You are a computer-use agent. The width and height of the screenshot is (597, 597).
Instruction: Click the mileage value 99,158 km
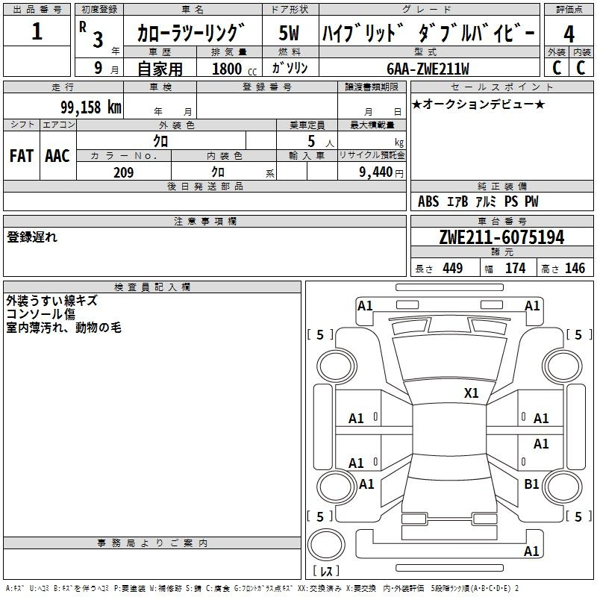91,107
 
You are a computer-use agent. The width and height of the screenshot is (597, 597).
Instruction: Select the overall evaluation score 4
569,34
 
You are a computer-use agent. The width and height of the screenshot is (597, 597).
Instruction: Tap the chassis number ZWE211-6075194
501,237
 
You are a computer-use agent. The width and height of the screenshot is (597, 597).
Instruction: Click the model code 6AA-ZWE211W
428,69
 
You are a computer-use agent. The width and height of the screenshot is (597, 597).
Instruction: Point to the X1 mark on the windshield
471,393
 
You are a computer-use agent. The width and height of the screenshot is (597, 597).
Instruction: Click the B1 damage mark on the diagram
531,484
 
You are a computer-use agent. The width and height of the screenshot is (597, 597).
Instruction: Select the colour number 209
123,172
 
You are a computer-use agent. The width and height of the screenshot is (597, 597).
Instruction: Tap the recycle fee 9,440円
381,172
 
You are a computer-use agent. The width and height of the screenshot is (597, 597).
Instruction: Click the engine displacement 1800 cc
234,69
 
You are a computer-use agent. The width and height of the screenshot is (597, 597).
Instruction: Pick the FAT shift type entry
22,156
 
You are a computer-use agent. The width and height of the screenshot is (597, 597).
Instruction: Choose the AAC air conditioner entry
57,156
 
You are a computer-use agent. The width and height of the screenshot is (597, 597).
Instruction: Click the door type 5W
289,33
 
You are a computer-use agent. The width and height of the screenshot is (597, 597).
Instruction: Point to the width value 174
515,268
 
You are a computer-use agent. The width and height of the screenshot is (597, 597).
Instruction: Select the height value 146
575,268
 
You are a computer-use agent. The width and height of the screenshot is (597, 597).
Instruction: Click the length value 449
453,268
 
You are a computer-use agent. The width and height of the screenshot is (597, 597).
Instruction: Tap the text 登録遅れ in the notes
32,237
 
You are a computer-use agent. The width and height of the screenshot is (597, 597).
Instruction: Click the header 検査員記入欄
152,287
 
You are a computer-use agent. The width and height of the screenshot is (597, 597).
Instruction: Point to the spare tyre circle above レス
326,544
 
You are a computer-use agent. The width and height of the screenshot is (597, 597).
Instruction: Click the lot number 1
37,31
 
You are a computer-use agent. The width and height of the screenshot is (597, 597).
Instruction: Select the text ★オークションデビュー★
478,104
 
